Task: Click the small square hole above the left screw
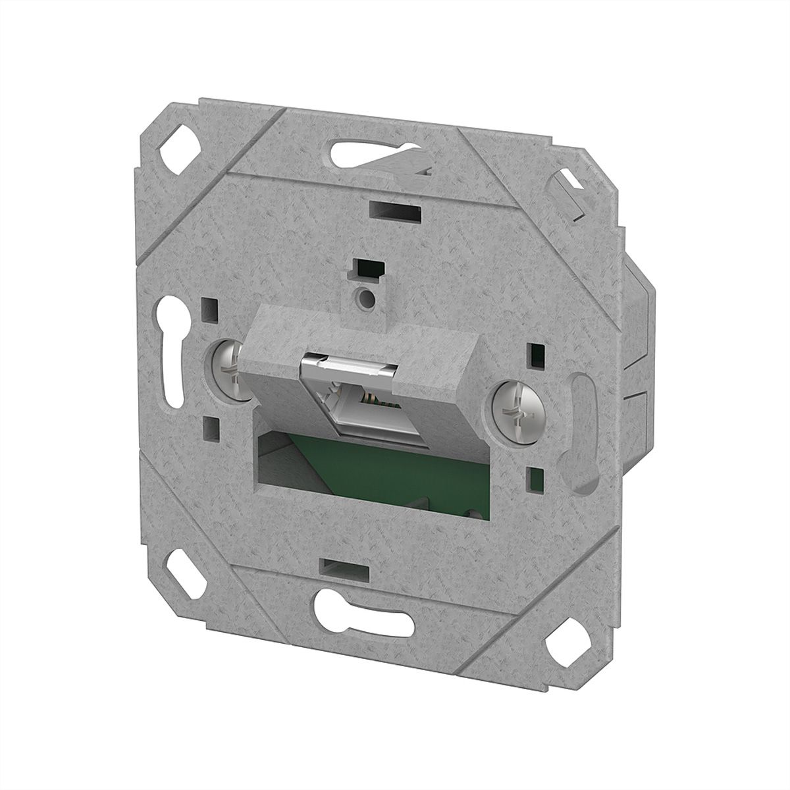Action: pos(211,307)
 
